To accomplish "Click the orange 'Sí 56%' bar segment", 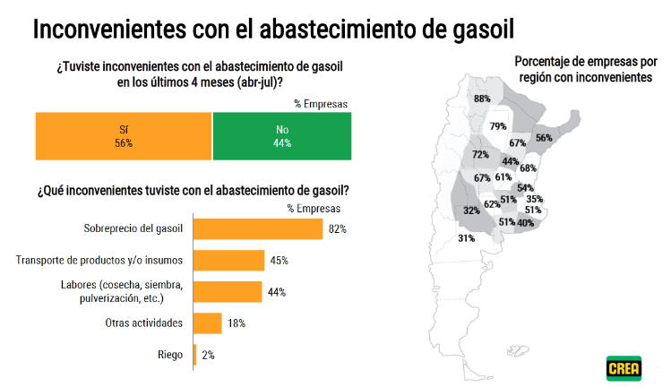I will [123, 135].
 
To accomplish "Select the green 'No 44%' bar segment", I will [282, 135].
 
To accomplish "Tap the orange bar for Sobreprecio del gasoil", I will [258, 228].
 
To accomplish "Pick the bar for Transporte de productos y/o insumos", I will [228, 261].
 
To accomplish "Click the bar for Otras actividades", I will [208, 322].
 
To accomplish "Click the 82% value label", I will [337, 229].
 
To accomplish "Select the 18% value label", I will [236, 323].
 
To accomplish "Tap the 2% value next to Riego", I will [208, 356].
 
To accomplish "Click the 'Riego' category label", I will [169, 355].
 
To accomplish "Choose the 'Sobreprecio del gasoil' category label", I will [133, 228].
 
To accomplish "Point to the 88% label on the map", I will [482, 99].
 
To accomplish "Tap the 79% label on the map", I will [498, 126].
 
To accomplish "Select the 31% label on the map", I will [466, 238].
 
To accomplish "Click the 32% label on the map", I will [470, 211].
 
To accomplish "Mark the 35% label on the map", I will [535, 199].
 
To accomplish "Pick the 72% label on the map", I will [480, 154].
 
